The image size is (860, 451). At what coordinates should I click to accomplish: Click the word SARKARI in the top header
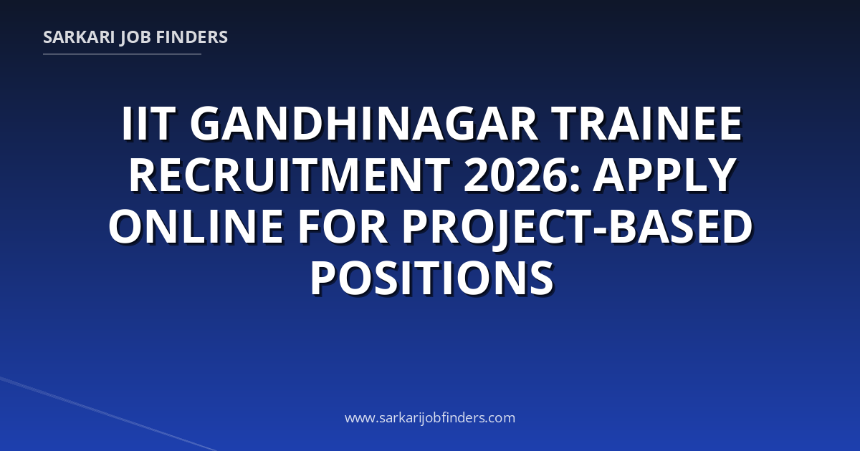79,37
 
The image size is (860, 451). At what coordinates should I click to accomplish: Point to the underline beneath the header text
122,54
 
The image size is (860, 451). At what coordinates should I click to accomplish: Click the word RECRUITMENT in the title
289,175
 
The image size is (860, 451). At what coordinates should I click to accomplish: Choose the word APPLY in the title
664,175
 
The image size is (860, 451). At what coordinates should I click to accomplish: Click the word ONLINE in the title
196,226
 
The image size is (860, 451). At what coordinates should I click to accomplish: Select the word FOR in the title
343,226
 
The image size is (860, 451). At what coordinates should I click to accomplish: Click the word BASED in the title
681,226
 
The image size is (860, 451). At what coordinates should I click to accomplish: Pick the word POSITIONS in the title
432,277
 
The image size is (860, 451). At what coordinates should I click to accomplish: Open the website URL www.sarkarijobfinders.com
430,418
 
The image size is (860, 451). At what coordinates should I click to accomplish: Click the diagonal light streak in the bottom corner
107,414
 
